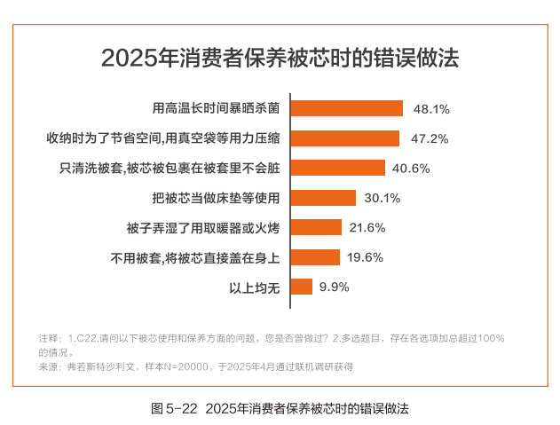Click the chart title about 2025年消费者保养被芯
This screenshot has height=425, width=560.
pyautogui.click(x=280, y=58)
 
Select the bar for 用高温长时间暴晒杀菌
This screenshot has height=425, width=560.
pyautogui.click(x=348, y=108)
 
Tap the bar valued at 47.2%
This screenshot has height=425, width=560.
pyautogui.click(x=346, y=138)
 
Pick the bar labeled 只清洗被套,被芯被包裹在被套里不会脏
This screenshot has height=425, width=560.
pyautogui.click(x=338, y=168)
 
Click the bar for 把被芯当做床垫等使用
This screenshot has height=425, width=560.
pyautogui.click(x=324, y=198)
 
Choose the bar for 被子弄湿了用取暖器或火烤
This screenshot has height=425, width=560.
pyautogui.click(x=317, y=227)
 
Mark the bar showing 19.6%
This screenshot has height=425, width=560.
pyautogui.click(x=315, y=257)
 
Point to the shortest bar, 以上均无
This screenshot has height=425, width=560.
pyautogui.click(x=302, y=287)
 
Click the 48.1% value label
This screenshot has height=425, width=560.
pyautogui.click(x=432, y=109)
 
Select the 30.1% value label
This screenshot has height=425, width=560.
pyautogui.click(x=383, y=198)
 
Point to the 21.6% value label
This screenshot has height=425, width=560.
pyautogui.click(x=367, y=228)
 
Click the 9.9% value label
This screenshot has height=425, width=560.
pyautogui.click(x=335, y=287)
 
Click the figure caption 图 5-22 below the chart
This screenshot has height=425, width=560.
pyautogui.click(x=280, y=409)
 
